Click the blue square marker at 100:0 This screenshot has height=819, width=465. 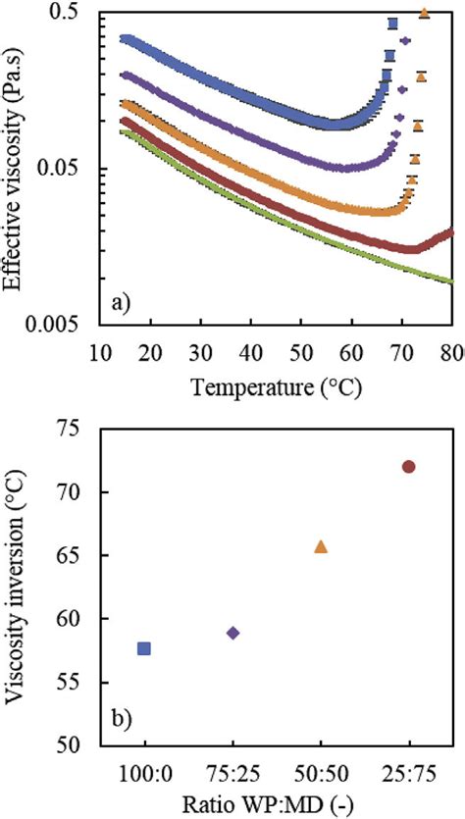(x=144, y=648)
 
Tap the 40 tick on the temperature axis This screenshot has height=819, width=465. (x=251, y=351)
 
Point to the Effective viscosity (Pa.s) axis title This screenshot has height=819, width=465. (x=18, y=167)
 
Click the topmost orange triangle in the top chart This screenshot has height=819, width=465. (x=424, y=13)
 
